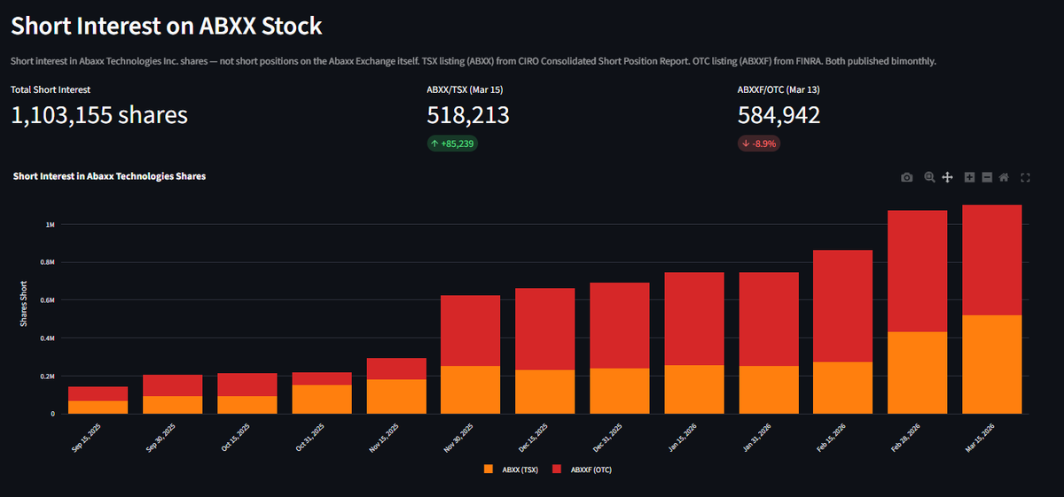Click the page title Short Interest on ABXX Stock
coord(166,26)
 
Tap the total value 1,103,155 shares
coord(99,115)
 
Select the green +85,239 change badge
coord(452,144)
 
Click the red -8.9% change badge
coord(758,144)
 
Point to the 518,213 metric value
coord(468,115)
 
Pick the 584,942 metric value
coord(778,115)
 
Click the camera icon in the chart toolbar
coord(906,177)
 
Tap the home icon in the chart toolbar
coord(1004,177)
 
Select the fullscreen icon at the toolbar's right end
coord(1025,177)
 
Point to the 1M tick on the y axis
coord(50,224)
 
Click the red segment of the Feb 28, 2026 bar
coord(918,270)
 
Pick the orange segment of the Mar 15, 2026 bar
coord(991,364)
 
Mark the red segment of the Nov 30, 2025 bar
coord(471,330)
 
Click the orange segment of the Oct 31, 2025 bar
coord(322,399)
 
